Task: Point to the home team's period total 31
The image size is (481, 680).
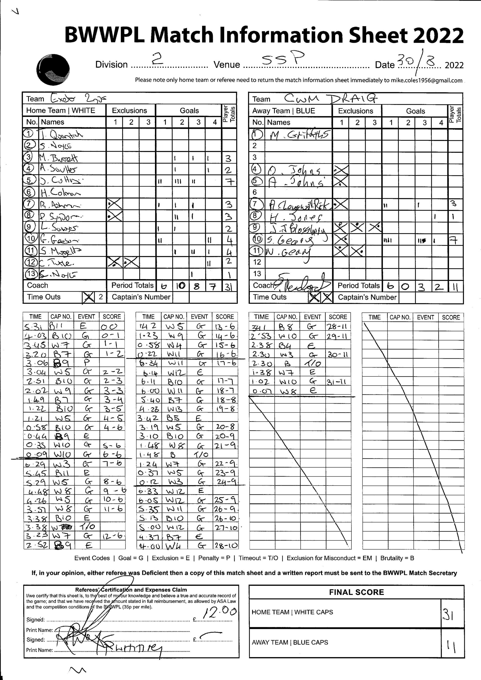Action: pyautogui.click(x=229, y=286)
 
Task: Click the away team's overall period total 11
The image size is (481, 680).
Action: pyautogui.click(x=455, y=286)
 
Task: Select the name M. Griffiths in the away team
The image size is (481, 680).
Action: pyautogui.click(x=299, y=135)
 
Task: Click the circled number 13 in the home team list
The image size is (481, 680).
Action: pyautogui.click(x=31, y=274)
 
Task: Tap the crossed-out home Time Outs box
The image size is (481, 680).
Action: pyautogui.click(x=88, y=297)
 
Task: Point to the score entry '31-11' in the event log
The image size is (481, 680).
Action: pyautogui.click(x=338, y=382)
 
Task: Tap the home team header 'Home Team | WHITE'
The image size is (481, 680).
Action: pyautogui.click(x=61, y=110)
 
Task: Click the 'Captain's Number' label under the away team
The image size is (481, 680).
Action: pyautogui.click(x=367, y=297)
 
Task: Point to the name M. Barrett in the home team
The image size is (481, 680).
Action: pyautogui.click(x=58, y=158)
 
